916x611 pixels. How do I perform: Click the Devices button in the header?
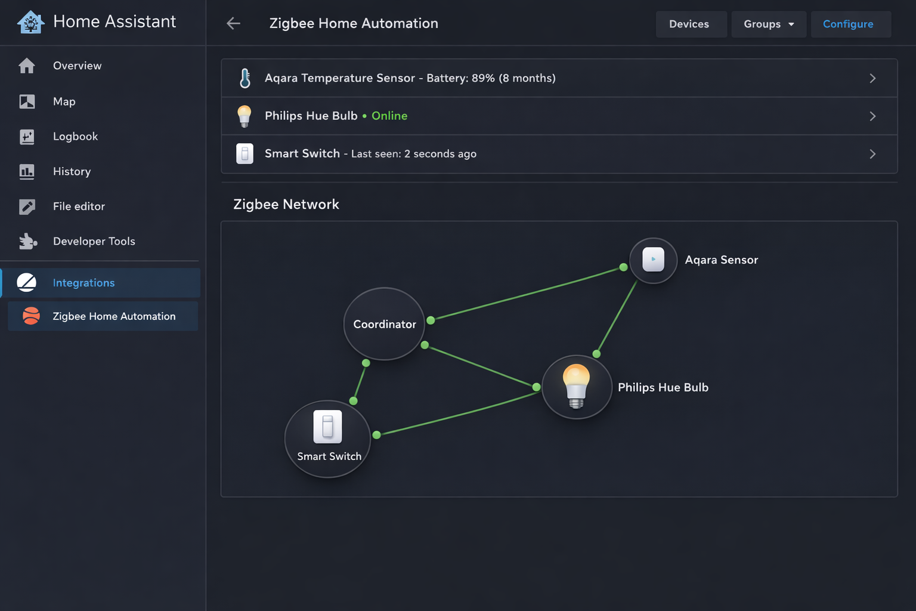[689, 24]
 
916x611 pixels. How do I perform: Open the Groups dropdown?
[768, 24]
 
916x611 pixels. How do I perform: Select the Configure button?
[848, 24]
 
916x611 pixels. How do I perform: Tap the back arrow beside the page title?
[233, 23]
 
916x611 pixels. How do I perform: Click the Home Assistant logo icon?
[31, 22]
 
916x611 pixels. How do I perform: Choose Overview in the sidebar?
[77, 66]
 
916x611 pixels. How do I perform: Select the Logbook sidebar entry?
[75, 137]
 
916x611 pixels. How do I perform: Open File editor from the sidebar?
[79, 206]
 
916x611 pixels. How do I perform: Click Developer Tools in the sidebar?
[94, 241]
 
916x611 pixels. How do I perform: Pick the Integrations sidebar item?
[83, 283]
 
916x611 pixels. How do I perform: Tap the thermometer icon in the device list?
[245, 78]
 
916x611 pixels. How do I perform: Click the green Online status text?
[389, 116]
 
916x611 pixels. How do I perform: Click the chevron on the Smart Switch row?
[872, 154]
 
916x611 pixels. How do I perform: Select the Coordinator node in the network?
[384, 324]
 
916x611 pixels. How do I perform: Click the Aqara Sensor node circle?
[654, 260]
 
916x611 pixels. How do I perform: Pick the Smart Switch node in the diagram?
[328, 439]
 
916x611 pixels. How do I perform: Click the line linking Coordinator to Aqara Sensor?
[527, 294]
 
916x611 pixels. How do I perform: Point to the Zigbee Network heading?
[286, 204]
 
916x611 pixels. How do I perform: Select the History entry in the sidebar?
[72, 172]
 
